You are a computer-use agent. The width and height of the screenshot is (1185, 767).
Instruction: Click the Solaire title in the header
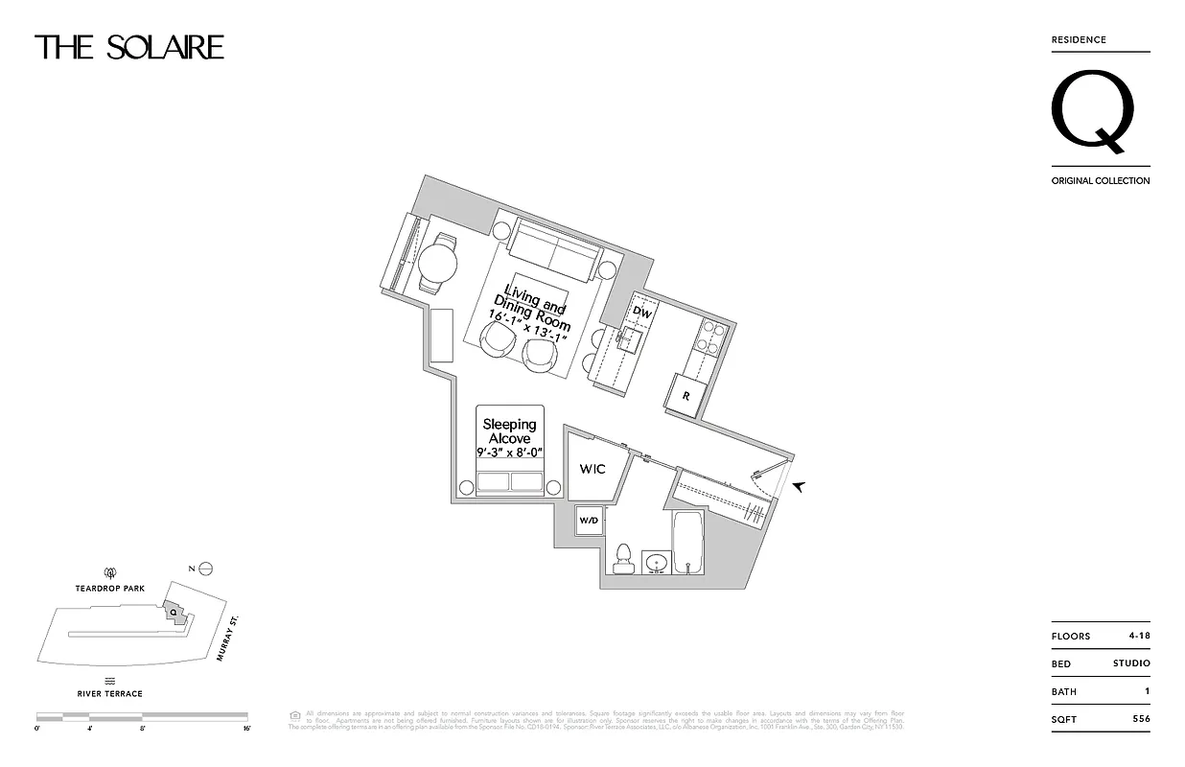click(129, 47)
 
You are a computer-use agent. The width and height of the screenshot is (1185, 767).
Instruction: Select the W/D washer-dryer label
click(588, 521)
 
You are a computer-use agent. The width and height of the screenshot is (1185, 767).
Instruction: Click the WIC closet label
click(592, 470)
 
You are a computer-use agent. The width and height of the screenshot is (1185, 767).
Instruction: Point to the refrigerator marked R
click(687, 395)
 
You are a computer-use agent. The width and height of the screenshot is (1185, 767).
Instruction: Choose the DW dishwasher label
click(643, 314)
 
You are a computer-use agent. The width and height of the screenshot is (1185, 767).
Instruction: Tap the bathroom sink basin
click(657, 562)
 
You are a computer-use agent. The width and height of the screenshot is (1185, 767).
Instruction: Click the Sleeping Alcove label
click(510, 431)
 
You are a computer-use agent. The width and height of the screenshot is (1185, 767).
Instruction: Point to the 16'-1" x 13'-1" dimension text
click(528, 327)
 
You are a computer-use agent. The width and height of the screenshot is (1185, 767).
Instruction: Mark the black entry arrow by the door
click(799, 487)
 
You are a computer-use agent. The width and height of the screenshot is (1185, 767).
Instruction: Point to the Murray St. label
click(231, 639)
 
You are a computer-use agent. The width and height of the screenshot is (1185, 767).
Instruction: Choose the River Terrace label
click(110, 693)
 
